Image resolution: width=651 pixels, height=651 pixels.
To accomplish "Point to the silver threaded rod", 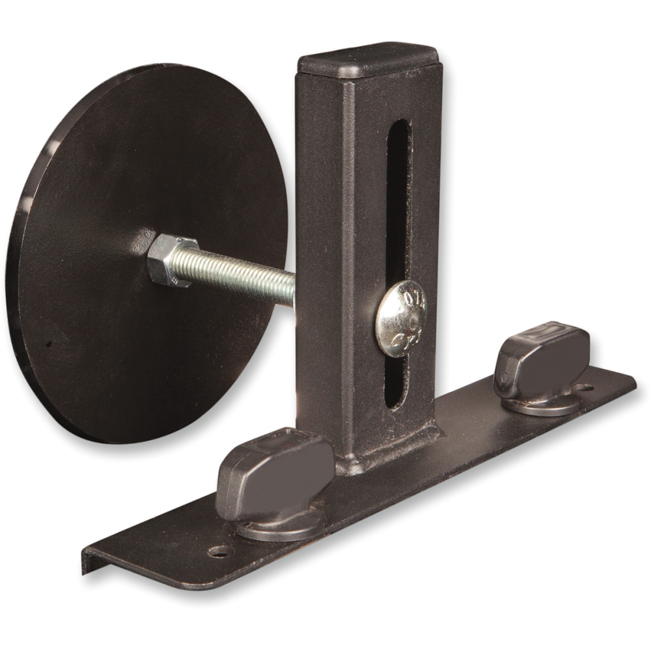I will pos(241,274).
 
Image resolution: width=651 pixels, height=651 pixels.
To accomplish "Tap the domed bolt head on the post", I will pos(400,318).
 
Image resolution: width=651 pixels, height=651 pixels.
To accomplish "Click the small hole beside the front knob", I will pos(220,551).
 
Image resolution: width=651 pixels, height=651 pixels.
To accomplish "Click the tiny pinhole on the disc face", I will pos(47,343).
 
